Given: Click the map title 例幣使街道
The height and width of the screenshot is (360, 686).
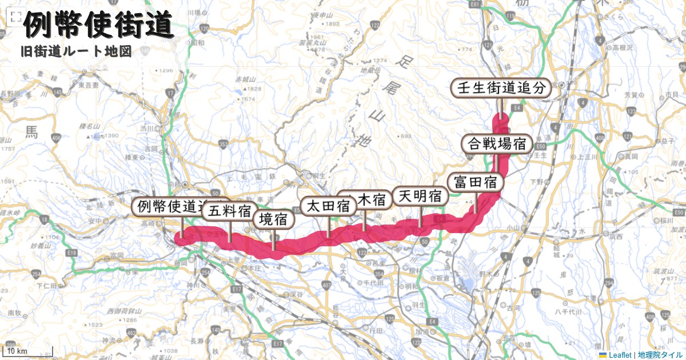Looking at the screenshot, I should coord(98,26).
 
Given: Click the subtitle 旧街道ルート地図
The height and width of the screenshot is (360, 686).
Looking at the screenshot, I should coord(76,51).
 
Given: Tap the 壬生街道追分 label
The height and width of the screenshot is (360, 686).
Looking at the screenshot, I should coord(501,88).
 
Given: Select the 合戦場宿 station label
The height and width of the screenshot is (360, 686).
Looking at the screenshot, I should coord(497,143).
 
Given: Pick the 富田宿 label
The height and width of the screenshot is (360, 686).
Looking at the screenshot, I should coord(475,182).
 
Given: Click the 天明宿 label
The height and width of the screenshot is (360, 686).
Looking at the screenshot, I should coord(420,196).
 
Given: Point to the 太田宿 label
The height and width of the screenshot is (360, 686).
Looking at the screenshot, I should coord(328,206).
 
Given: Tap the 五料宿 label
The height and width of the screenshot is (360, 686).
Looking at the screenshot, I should coord(229,210).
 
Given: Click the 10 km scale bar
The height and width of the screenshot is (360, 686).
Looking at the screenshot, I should coord(29,350).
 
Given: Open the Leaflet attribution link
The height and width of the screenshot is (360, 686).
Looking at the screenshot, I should coord(620,355).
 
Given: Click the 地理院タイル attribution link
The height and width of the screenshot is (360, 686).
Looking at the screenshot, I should coord(660,355).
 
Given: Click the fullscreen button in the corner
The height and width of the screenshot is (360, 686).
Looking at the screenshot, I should coord(13,18).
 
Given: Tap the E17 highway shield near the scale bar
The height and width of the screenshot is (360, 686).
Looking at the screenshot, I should coord(278,343).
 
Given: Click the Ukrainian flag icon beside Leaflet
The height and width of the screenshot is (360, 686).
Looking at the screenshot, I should coord(603,355).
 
